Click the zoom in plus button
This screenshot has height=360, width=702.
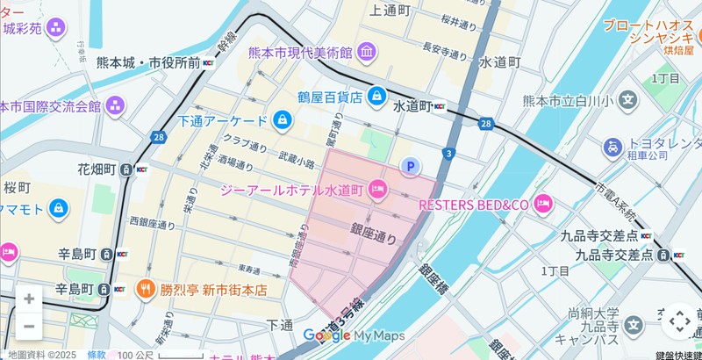coord(29,299)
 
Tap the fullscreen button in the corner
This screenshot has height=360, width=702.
coord(679,321)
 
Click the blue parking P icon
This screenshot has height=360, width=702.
coord(410,166)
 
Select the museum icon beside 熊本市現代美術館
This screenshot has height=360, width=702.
coord(367,52)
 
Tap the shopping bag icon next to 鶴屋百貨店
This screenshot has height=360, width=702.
coord(376,96)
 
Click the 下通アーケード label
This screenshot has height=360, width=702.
coord(222,120)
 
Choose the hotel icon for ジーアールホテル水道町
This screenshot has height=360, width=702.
coord(378,189)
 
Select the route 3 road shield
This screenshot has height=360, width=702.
coord(448,154)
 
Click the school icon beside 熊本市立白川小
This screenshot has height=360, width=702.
coord(627,100)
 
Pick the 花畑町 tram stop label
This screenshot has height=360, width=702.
coord(97,169)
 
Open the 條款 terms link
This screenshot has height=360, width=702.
coord(97,354)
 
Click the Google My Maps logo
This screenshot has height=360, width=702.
coord(354,335)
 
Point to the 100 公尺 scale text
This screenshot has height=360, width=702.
coord(135,354)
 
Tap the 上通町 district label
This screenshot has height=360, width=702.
coord(390,11)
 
